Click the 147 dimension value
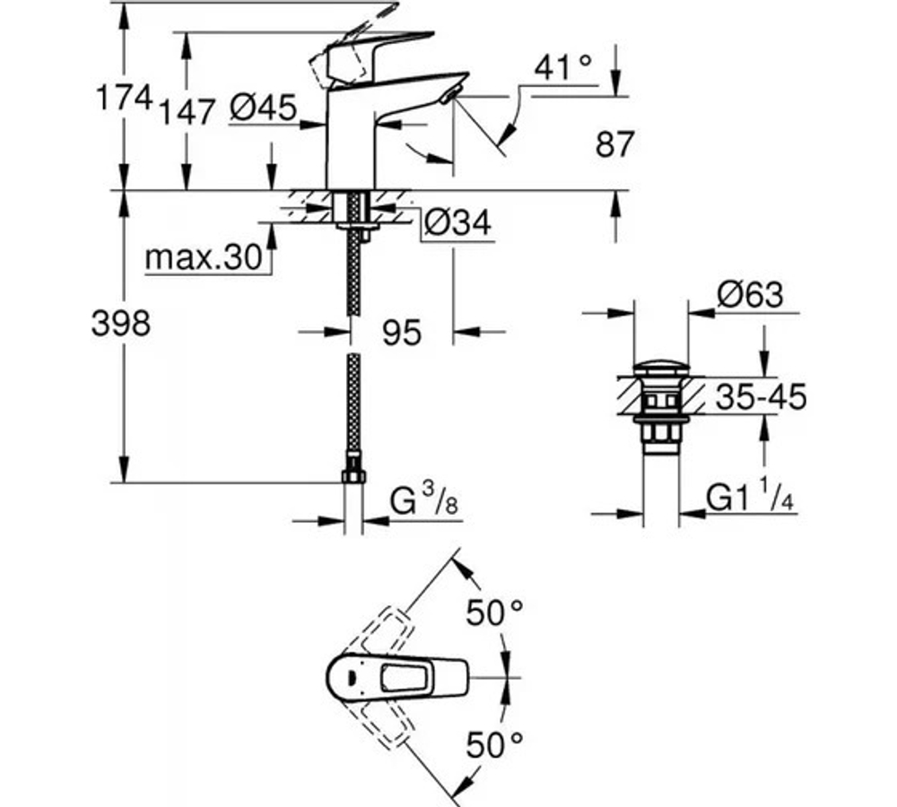point(188,111)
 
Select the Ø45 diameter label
point(262,108)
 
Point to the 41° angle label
point(563,66)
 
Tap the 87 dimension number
point(614,144)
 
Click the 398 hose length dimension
point(121,324)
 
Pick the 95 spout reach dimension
point(401,333)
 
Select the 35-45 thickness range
point(761,395)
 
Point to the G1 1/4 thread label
point(751,498)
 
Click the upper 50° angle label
point(493,613)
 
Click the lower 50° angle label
point(493,743)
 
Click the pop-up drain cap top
point(661,368)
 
